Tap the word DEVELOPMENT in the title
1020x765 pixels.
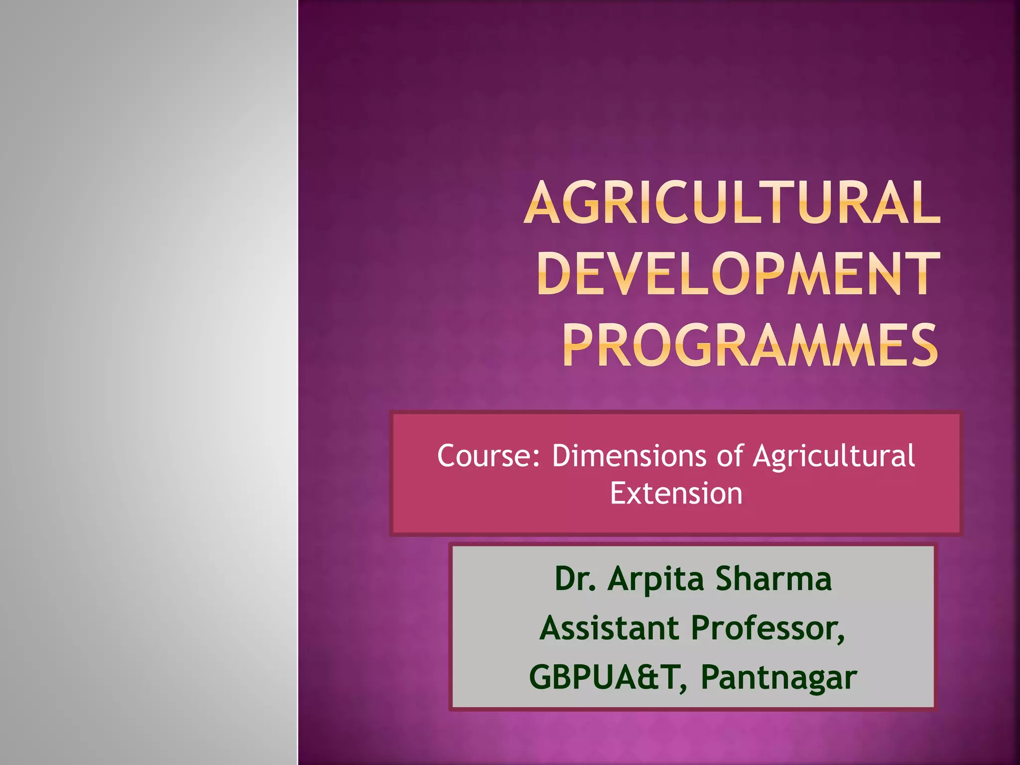coord(739,274)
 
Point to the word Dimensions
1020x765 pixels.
coord(629,456)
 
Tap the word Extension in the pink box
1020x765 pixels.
coord(676,494)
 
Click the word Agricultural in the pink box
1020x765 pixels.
coord(834,457)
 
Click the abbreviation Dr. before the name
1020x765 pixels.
coord(575,579)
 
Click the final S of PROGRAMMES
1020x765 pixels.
coord(923,345)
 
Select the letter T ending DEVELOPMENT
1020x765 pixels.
coord(921,274)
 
